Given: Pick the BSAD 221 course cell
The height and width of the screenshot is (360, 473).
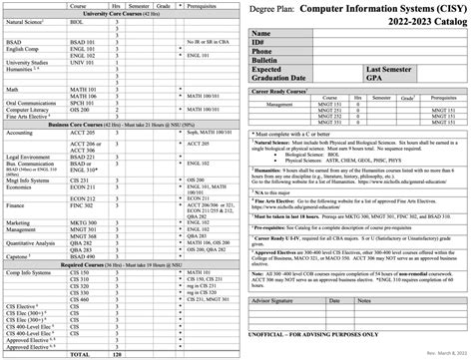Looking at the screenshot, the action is click(x=83, y=157).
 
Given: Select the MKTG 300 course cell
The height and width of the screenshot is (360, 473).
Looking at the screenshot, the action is click(x=83, y=224).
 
